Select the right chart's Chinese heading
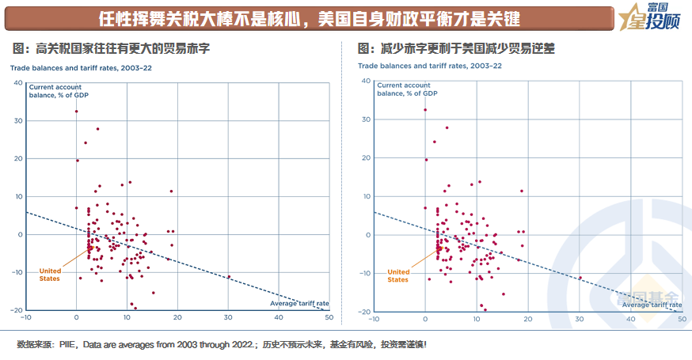[x=457, y=49]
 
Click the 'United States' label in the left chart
[x=50, y=275]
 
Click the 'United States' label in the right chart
[x=398, y=275]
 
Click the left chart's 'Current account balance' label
[x=56, y=89]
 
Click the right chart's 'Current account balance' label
[x=405, y=89]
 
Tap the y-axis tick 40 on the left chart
[x=17, y=81]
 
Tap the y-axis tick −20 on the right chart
[x=365, y=311]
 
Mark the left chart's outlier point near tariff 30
[x=230, y=277]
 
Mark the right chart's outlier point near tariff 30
[x=580, y=278]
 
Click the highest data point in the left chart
[x=76, y=112]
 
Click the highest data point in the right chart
[x=425, y=110]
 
